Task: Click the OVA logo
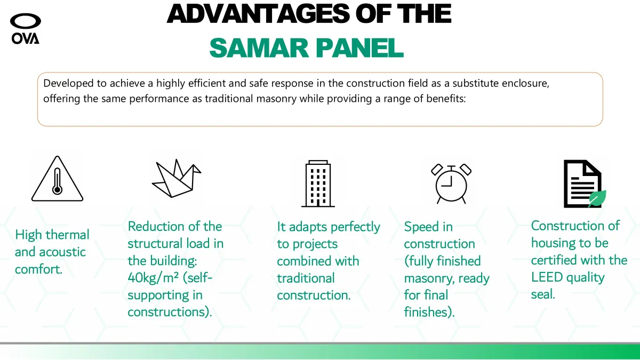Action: point(26,29)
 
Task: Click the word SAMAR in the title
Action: point(259,47)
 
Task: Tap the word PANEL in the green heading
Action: point(359,47)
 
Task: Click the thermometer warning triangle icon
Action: point(57,179)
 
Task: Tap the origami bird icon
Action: point(177,178)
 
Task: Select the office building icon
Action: point(318,183)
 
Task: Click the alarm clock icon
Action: point(451,183)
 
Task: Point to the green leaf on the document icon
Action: point(597,198)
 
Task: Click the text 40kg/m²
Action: point(153,278)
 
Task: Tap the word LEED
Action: point(547,277)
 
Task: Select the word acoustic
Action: point(62,252)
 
